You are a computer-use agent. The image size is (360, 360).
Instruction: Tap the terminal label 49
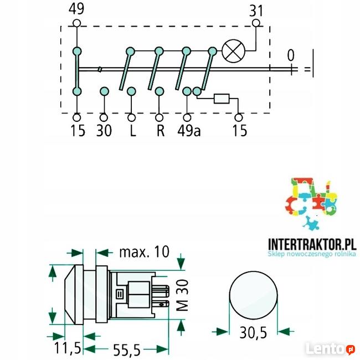click(x=76, y=9)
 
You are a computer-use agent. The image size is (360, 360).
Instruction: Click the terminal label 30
click(x=104, y=131)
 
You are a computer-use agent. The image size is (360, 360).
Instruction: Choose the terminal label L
click(x=131, y=131)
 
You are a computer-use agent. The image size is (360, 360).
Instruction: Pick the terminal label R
click(x=160, y=131)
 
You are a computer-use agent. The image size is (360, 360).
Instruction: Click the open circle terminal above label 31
click(x=256, y=23)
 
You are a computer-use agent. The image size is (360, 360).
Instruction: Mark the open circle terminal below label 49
click(x=76, y=23)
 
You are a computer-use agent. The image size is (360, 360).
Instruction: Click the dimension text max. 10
click(x=143, y=252)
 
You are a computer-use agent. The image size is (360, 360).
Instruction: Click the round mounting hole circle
click(x=253, y=295)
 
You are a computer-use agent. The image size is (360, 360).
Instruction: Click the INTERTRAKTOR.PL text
click(x=310, y=244)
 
